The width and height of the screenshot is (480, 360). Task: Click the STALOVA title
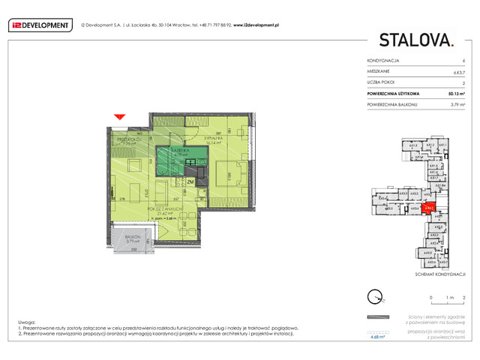416,41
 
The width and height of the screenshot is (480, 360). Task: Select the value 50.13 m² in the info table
457,94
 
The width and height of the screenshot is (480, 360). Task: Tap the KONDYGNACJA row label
383,60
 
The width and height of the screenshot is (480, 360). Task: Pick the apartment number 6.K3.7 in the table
457,71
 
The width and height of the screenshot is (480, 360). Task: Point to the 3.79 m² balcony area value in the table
458,105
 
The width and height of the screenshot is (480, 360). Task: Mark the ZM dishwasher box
190,181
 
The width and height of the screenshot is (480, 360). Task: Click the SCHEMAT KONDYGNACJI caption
440,275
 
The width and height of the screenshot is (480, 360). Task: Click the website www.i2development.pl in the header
256,25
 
